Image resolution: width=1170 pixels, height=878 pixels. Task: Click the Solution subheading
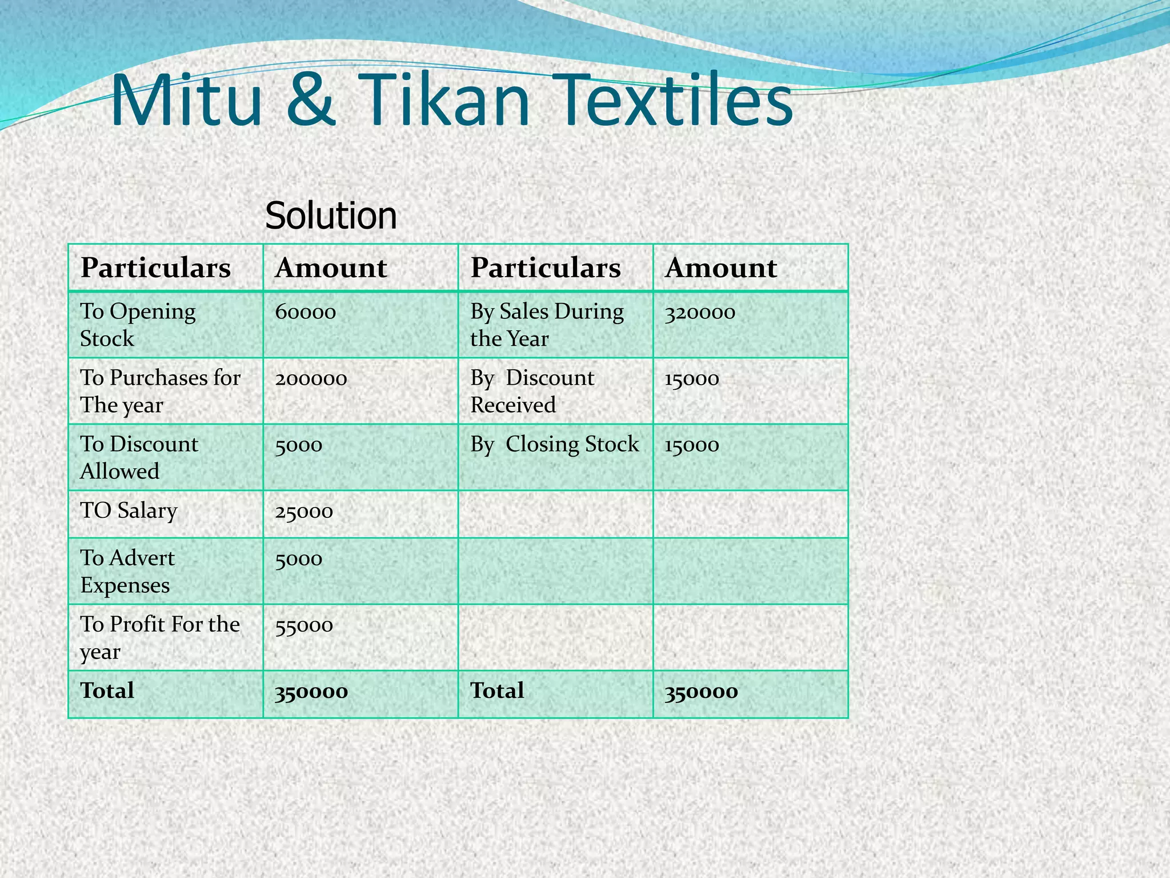(331, 215)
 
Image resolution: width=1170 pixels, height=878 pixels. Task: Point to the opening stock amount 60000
(305, 312)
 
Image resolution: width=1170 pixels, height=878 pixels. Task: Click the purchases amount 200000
(311, 378)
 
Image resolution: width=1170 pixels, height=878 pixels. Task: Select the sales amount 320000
(700, 312)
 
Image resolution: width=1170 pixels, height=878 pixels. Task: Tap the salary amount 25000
(304, 511)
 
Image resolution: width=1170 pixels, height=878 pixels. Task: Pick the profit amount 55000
(304, 625)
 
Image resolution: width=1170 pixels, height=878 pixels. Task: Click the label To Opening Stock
(138, 325)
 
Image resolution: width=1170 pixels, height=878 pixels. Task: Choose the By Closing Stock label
(554, 445)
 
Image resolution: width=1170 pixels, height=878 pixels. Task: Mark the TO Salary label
(129, 510)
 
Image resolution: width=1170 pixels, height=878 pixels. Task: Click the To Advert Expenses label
(127, 571)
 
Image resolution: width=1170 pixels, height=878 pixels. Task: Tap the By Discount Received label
(532, 391)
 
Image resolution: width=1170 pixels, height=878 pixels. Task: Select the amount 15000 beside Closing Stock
(691, 445)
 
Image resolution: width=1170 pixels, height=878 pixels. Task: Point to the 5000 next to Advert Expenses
(298, 558)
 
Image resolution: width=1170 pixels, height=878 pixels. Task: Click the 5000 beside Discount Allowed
(298, 445)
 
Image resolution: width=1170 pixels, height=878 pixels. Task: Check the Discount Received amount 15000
(691, 378)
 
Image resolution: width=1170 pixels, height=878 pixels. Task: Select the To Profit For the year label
(159, 637)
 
